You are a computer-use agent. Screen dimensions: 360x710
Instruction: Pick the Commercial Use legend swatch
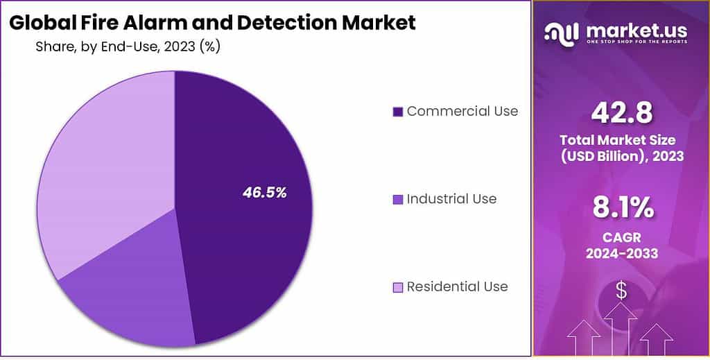tap(397, 112)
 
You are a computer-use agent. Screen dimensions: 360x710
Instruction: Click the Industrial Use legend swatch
tap(397, 200)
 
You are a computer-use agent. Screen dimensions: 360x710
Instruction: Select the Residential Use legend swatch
tap(397, 287)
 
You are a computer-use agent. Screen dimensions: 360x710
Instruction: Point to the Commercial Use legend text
tap(462, 111)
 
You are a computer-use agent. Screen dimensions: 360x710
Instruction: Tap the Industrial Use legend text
tap(451, 199)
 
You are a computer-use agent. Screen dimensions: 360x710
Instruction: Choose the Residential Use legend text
tap(457, 286)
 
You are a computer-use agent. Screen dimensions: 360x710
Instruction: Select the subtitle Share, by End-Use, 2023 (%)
tap(128, 47)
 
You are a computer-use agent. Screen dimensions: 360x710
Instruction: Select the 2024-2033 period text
tap(621, 253)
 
